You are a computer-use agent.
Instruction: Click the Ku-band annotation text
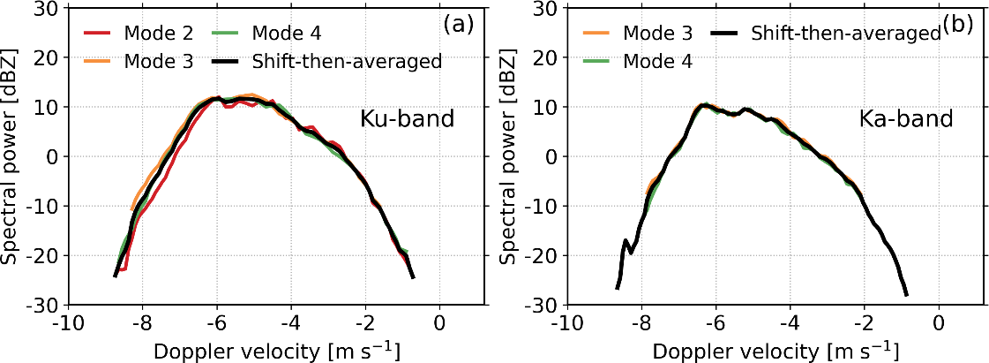[407, 118]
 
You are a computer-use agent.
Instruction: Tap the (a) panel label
[460, 25]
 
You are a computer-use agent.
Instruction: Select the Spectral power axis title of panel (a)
[12, 156]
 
